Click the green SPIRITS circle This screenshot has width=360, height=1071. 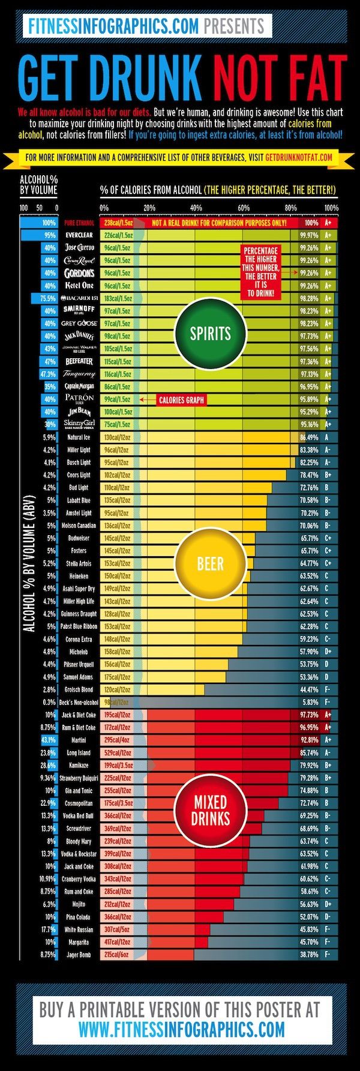pyautogui.click(x=210, y=334)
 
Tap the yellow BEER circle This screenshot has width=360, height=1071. pyautogui.click(x=210, y=564)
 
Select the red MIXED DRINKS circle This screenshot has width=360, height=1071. pyautogui.click(x=210, y=811)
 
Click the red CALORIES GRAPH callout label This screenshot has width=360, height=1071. pyautogui.click(x=181, y=400)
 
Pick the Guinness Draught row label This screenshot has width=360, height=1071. pyautogui.click(x=79, y=614)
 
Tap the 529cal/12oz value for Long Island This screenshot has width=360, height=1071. pyautogui.click(x=118, y=752)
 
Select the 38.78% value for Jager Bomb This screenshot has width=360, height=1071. pyautogui.click(x=310, y=954)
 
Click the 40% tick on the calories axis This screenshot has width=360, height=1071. pyautogui.click(x=196, y=208)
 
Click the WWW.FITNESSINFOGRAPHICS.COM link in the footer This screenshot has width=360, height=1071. pyautogui.click(x=181, y=1030)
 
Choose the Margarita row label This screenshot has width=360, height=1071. pyautogui.click(x=78, y=941)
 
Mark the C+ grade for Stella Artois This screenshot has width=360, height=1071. pyautogui.click(x=328, y=563)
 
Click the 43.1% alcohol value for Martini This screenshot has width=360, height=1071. pyautogui.click(x=48, y=740)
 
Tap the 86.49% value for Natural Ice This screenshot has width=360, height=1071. pyautogui.click(x=310, y=437)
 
